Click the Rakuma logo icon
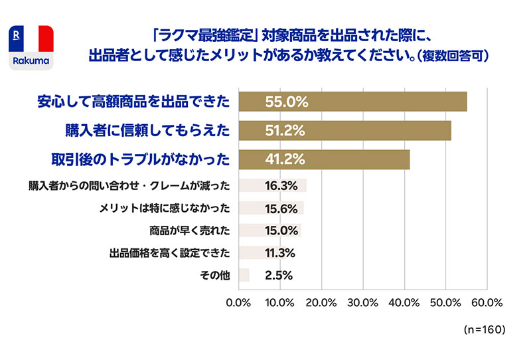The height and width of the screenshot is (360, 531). [31, 48]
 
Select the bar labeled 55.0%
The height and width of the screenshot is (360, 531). [352, 102]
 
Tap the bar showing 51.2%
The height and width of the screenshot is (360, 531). [344, 130]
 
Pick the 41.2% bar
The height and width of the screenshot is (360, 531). [323, 159]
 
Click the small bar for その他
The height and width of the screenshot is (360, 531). [244, 275]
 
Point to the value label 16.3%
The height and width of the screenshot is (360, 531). [280, 185]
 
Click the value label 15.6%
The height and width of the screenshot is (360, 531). [280, 208]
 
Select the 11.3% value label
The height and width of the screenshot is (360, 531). [280, 253]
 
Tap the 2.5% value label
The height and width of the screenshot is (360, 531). [278, 275]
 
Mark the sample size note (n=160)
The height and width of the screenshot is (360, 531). [483, 330]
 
